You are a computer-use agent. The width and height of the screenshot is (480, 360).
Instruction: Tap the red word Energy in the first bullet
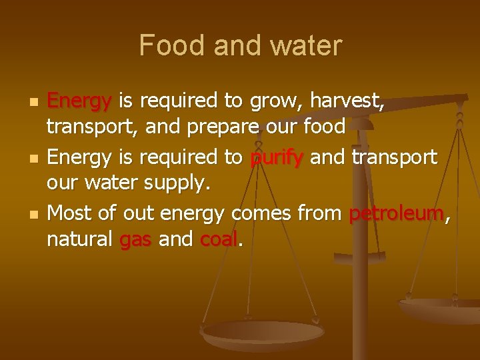[79, 102]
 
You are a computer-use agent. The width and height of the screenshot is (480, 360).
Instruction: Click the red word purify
[277, 159]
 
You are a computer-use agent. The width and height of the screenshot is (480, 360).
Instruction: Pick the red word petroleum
[396, 215]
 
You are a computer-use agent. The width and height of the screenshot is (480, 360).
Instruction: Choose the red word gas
[137, 238]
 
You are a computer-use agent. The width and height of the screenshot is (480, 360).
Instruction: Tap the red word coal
[219, 238]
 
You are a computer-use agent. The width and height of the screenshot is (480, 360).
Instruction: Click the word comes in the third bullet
[262, 215]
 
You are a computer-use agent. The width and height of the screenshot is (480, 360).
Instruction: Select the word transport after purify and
[394, 159]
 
